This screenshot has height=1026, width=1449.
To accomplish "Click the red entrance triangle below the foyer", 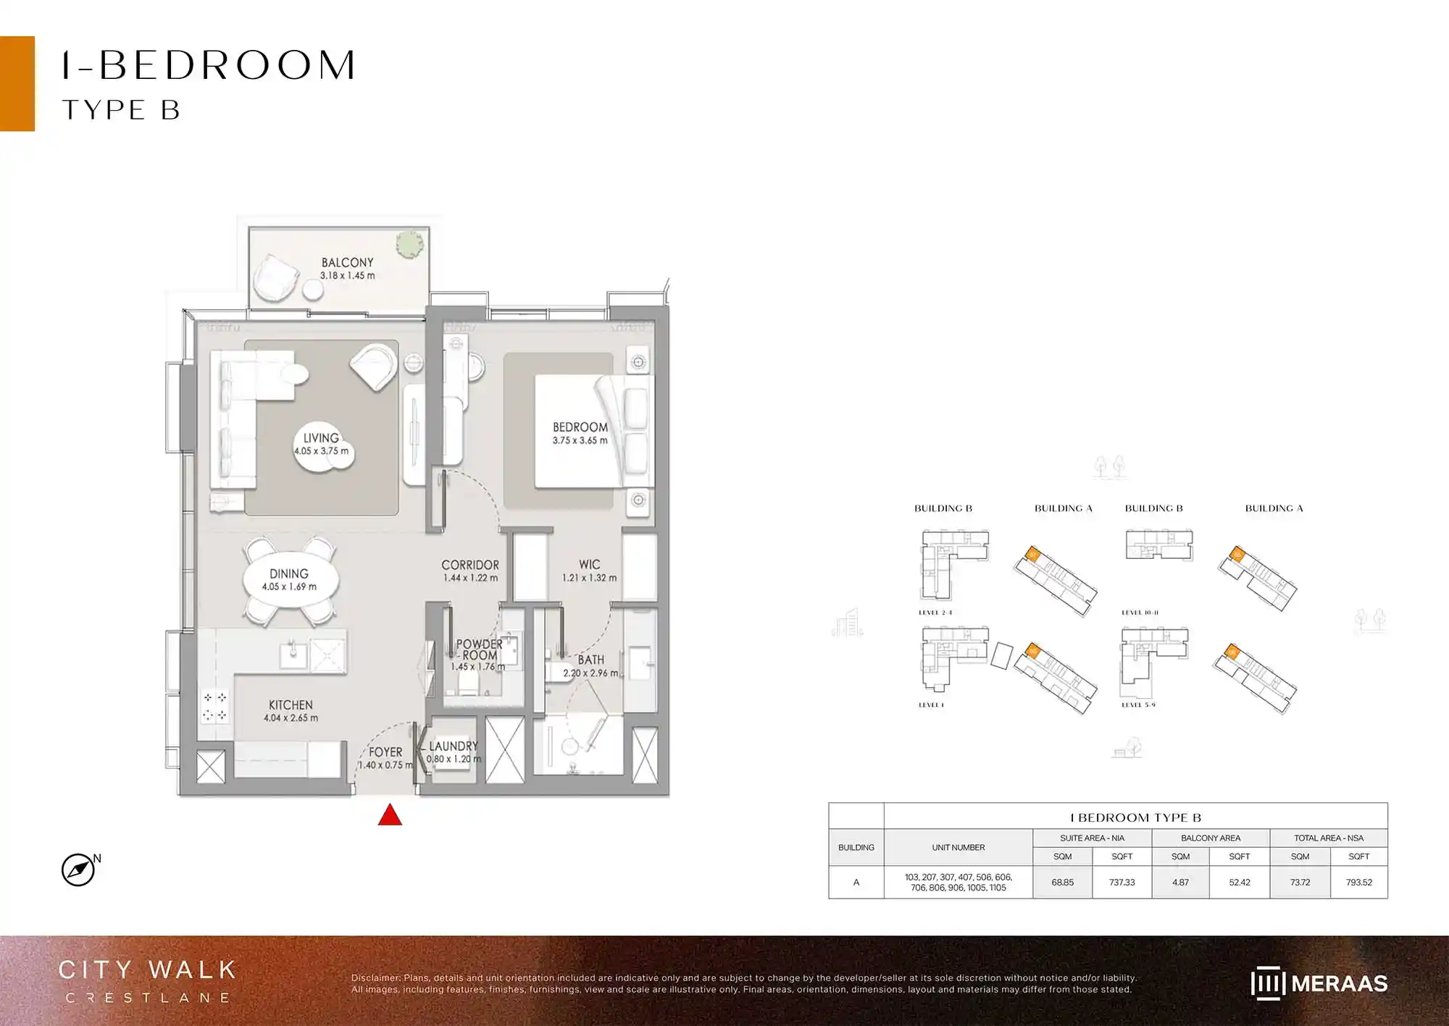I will click(390, 816).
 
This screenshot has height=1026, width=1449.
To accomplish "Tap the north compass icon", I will click(78, 870).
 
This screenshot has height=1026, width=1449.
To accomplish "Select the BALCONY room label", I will click(348, 262).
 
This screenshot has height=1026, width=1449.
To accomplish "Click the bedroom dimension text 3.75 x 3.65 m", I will click(580, 440).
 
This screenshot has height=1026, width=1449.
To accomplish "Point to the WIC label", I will click(589, 564).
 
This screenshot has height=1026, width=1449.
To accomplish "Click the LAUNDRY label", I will click(453, 746).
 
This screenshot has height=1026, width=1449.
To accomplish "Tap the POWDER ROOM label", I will click(479, 649).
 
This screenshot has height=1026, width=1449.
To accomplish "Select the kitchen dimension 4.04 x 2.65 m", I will click(291, 718).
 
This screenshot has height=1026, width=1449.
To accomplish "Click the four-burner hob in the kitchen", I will click(215, 706).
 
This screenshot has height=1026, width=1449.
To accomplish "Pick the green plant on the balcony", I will click(410, 244).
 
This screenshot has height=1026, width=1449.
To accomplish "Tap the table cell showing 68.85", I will click(1062, 883).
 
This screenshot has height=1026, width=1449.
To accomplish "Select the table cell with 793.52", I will click(1358, 883).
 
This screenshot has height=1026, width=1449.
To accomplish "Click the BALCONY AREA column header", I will click(1210, 838).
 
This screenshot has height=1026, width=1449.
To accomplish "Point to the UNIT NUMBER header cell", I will click(958, 847).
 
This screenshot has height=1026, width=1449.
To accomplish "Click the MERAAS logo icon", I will click(1267, 983).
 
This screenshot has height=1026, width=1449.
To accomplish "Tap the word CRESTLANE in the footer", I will click(149, 998).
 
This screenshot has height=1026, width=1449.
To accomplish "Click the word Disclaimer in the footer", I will click(375, 977).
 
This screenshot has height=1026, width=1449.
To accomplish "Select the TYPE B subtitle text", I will click(121, 110).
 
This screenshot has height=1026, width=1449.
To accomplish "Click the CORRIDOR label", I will click(469, 565).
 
